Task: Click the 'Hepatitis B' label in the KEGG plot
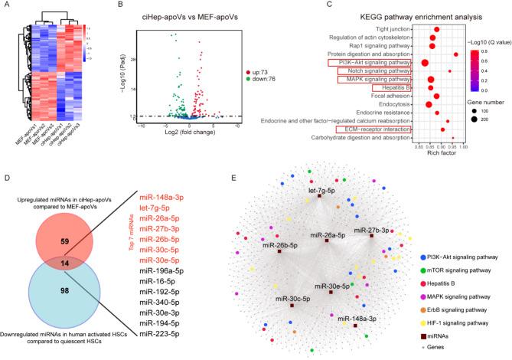pyautogui.click(x=393, y=88)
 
